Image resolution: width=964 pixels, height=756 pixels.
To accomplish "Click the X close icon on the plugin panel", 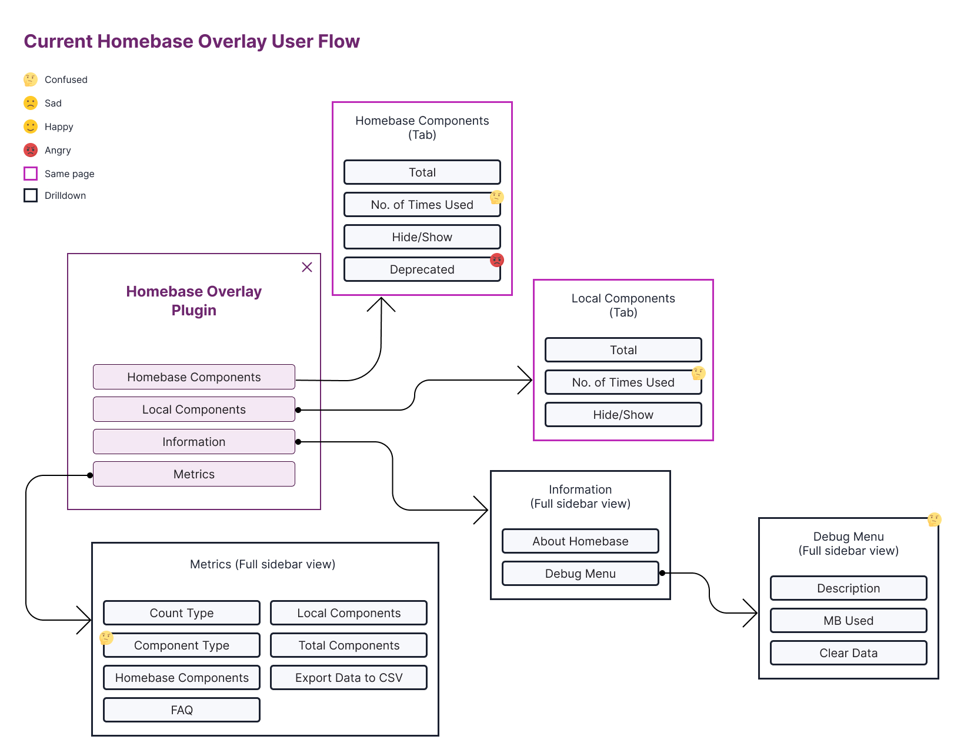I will (307, 267).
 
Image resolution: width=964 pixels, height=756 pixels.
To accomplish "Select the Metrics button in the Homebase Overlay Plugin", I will (194, 474).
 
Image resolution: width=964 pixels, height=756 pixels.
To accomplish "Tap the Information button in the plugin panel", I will (194, 442).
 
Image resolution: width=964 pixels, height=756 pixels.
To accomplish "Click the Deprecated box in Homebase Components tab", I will (422, 269).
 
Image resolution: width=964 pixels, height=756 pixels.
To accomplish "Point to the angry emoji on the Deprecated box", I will (497, 260).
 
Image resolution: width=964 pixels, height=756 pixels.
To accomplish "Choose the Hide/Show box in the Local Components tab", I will (623, 415).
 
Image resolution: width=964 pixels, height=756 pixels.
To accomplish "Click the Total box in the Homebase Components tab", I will (422, 172).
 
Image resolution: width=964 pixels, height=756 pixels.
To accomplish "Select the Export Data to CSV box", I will (348, 678).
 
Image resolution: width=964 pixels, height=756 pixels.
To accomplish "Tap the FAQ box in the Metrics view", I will (181, 710).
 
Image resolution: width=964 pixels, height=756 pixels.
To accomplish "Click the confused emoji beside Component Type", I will (106, 638).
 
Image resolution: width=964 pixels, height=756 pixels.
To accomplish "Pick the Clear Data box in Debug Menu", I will (848, 653).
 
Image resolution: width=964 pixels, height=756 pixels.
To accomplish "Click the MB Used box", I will (848, 621).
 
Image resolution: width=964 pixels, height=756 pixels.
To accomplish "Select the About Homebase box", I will (580, 541).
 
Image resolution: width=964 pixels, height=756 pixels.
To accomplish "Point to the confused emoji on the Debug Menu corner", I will (934, 519).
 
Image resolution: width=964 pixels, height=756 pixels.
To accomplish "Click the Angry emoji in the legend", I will (31, 150).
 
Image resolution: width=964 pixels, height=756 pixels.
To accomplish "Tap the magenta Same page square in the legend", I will (31, 174).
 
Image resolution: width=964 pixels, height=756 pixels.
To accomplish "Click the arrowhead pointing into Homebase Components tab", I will (381, 301).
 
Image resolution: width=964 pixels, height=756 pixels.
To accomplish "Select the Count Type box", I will (181, 613).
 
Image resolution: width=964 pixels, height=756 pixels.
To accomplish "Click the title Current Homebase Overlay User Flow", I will (192, 41).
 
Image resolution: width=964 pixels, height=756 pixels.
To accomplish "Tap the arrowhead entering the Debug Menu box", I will (753, 613).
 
